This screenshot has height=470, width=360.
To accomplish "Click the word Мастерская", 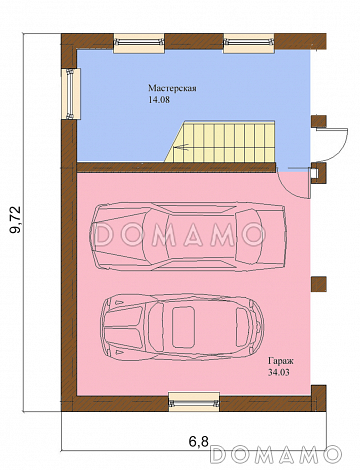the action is pyautogui.click(x=172, y=89).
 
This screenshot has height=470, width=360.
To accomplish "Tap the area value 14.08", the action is pyautogui.click(x=159, y=100).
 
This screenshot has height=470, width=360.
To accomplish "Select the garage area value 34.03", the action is pyautogui.click(x=278, y=372).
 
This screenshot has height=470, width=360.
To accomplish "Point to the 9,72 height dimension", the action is pyautogui.click(x=15, y=220).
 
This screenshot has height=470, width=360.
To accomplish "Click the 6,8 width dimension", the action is pyautogui.click(x=198, y=442).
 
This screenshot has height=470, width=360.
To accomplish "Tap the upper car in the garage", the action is pyautogui.click(x=188, y=236).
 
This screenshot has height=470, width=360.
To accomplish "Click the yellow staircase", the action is pyautogui.click(x=220, y=142).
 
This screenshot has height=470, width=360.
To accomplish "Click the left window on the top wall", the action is pyautogui.click(x=139, y=43).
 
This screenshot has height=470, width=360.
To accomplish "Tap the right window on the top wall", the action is pyautogui.click(x=249, y=43).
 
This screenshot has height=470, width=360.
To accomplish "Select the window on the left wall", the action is pyautogui.click(x=71, y=94).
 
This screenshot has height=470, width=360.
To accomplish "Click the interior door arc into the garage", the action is pyautogui.click(x=291, y=187).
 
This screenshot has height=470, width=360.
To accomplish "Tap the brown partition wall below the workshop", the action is pyautogui.click(x=176, y=167).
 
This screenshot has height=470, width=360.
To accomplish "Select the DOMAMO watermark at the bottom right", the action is pyautogui.click(x=276, y=454).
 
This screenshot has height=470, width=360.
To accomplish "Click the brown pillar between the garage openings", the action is pyautogui.click(x=319, y=284).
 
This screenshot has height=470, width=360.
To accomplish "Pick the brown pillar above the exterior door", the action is pyautogui.click(x=319, y=122).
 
